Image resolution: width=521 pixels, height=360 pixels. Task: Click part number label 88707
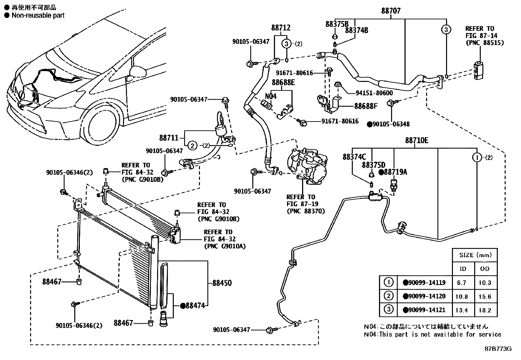pyautogui.click(x=390, y=11)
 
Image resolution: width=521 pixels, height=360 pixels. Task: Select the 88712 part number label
pyautogui.click(x=280, y=28)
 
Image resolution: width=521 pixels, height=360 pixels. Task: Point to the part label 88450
pyautogui.click(x=222, y=283)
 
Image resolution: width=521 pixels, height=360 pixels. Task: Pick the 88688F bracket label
pyautogui.click(x=366, y=106)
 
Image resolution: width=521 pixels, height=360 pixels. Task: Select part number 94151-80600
pyautogui.click(x=374, y=93)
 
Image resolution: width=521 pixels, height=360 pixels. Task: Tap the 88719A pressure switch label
pyautogui.click(x=395, y=172)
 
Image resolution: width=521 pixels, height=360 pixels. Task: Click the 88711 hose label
pyautogui.click(x=169, y=138)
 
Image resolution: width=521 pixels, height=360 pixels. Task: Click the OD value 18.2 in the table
pyautogui.click(x=485, y=310)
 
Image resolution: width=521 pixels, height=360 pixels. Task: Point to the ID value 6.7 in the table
pyautogui.click(x=461, y=283)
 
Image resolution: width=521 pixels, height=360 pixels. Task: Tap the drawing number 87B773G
pyautogui.click(x=498, y=349)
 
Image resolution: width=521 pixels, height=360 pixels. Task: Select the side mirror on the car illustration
pyautogui.click(x=137, y=70)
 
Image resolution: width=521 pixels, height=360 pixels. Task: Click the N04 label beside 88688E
pyautogui.click(x=270, y=96)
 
